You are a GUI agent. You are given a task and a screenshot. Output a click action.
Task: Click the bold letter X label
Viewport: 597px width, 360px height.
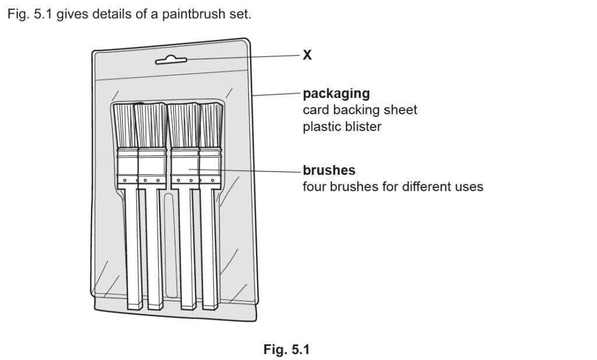307,55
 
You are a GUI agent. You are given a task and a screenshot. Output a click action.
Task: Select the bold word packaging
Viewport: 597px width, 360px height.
336,93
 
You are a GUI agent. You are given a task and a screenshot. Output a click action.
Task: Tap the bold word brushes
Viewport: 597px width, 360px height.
329,171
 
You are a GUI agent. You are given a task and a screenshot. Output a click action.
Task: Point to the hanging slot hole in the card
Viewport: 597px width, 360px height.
171,60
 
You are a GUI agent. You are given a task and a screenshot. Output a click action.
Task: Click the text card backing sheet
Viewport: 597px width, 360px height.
360,110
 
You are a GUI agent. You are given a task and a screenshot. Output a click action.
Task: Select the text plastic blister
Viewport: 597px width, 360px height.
342,126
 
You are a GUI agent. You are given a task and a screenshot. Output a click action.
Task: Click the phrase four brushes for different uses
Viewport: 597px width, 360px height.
392,187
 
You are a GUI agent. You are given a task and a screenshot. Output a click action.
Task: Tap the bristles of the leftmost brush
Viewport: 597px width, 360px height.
125,125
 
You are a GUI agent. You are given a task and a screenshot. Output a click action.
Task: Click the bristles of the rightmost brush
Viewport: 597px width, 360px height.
211,125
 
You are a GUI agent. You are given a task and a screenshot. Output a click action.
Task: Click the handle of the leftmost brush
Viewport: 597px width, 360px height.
134,251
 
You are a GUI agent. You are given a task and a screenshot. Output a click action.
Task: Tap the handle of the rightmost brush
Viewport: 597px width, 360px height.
210,251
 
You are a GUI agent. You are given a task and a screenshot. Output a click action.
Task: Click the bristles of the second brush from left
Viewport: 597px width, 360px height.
151,125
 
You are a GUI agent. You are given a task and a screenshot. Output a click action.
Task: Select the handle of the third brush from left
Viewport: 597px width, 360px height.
187,251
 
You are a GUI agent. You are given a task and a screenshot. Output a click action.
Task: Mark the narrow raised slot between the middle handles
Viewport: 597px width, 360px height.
170,245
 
